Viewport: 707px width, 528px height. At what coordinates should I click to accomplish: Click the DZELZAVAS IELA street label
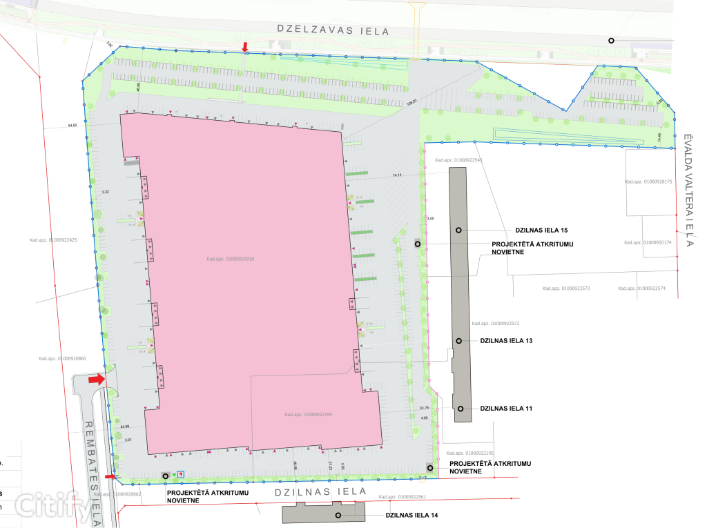333,30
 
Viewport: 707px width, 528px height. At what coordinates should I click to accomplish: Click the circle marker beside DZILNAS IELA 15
458,229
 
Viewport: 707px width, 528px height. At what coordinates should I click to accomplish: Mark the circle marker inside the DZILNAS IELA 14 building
338,516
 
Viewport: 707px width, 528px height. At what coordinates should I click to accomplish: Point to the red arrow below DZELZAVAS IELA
244,47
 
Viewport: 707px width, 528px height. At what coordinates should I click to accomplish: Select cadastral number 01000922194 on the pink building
309,415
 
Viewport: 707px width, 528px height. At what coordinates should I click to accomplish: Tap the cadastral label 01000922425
52,240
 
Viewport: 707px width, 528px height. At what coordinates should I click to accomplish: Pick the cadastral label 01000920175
648,182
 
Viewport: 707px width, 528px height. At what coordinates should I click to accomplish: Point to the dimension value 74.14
397,176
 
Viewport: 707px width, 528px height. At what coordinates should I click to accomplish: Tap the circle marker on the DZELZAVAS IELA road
611,41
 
